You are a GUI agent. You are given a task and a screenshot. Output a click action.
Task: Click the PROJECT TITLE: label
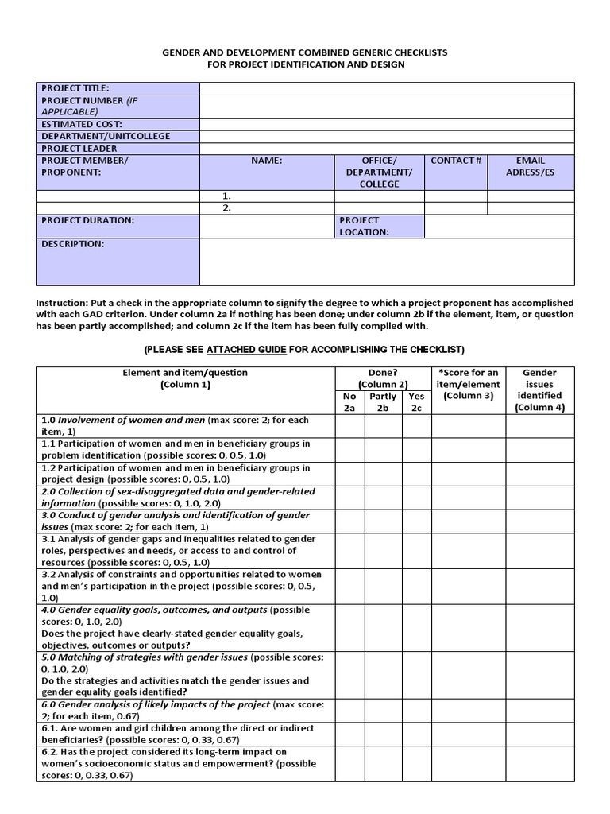click(x=75, y=88)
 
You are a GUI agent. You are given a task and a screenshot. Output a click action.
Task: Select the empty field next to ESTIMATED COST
click(x=387, y=124)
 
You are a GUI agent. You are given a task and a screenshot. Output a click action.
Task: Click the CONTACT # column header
click(x=456, y=161)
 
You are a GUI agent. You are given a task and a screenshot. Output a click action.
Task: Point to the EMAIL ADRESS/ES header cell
click(x=531, y=166)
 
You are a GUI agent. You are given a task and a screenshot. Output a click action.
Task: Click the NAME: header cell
click(x=267, y=161)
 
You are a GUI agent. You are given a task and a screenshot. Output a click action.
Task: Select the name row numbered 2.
click(x=267, y=208)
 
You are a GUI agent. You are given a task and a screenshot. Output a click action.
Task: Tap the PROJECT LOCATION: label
click(x=365, y=226)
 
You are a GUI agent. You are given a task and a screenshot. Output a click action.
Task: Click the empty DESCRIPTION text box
click(x=387, y=262)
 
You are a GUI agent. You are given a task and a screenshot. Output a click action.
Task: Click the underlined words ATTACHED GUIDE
click(x=246, y=350)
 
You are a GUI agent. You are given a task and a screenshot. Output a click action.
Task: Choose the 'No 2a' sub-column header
click(x=349, y=402)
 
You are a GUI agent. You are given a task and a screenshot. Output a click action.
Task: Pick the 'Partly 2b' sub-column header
click(x=383, y=402)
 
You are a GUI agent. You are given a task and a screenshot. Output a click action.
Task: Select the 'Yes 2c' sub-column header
click(x=416, y=402)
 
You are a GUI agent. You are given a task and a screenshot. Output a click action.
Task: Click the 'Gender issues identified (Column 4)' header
click(x=539, y=390)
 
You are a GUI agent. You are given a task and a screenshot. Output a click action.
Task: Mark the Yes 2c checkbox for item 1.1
click(x=416, y=449)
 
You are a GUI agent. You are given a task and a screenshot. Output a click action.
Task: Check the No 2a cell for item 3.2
click(x=349, y=586)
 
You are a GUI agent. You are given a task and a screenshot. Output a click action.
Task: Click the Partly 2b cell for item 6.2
click(x=383, y=763)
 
